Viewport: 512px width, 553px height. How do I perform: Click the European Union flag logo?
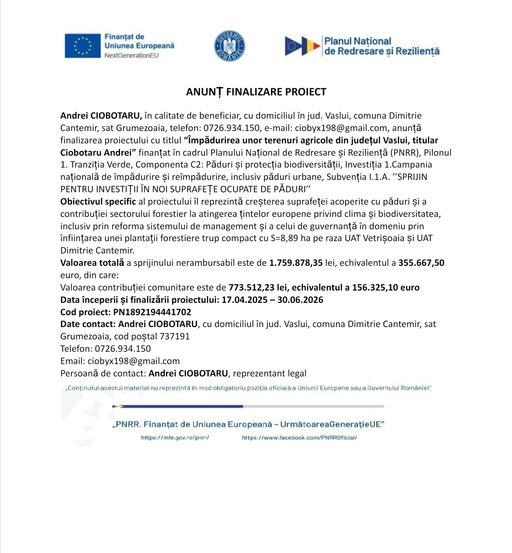[x=83, y=46]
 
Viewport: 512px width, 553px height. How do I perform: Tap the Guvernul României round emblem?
[x=229, y=46]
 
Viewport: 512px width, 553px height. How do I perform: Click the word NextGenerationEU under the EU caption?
[x=131, y=55]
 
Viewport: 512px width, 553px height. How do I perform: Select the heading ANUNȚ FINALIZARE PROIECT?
[x=256, y=92]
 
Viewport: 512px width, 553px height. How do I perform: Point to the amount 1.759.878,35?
[x=296, y=262]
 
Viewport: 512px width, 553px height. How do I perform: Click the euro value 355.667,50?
[x=421, y=262]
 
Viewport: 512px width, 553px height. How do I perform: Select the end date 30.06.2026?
[x=300, y=300]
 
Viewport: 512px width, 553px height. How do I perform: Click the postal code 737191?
[x=175, y=336]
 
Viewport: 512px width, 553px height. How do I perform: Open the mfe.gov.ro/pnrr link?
[x=175, y=438]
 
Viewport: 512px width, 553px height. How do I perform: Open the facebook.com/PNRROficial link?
[x=299, y=438]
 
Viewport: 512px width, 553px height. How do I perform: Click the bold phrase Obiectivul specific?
[x=98, y=201]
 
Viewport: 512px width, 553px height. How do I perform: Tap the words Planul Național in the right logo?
[x=358, y=41]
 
